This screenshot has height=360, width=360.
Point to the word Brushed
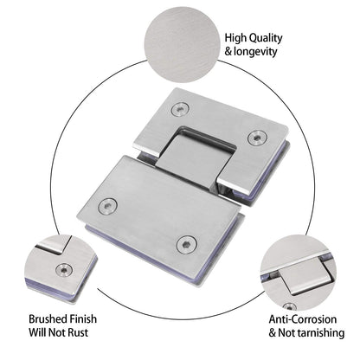click(48, 318)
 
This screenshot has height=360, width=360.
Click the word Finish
click(90, 318)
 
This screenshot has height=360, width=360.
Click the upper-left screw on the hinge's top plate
click(179, 109)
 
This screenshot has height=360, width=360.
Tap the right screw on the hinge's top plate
click(254, 138)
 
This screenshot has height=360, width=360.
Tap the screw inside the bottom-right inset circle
click(292, 305)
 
